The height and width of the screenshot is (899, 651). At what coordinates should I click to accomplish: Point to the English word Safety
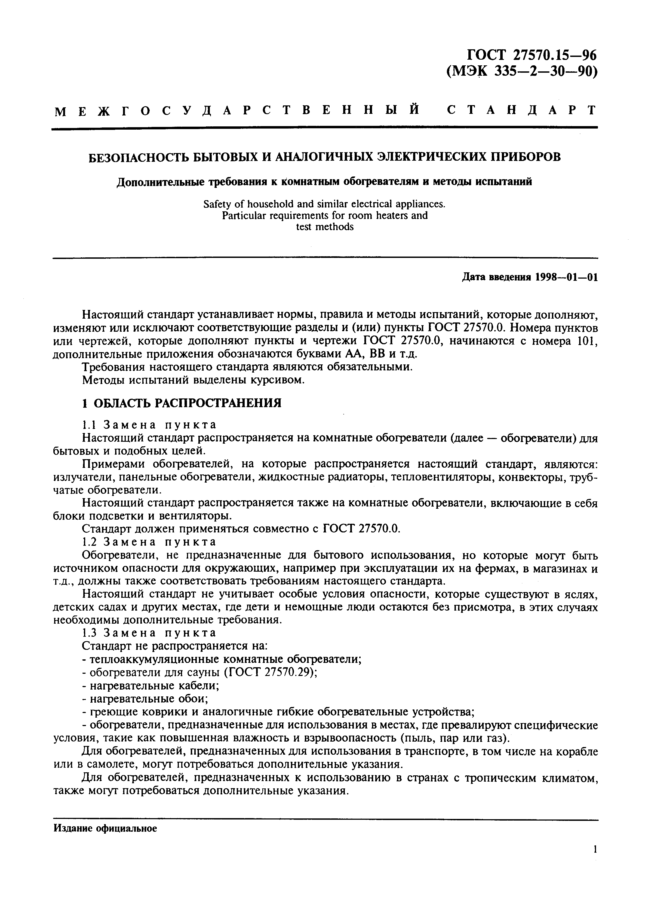click(217, 204)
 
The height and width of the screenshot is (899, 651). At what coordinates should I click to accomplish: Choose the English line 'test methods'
click(324, 227)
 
